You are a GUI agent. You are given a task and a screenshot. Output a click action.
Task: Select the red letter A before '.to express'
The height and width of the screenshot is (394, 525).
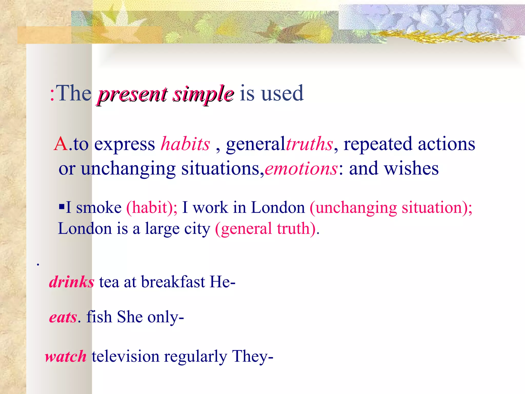click(x=61, y=144)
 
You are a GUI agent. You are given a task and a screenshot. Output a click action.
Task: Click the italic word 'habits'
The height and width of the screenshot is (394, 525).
click(x=185, y=144)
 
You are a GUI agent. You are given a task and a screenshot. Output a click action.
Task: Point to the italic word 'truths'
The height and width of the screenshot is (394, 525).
click(x=309, y=144)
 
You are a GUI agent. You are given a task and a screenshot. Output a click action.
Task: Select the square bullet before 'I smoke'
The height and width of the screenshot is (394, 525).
click(x=62, y=206)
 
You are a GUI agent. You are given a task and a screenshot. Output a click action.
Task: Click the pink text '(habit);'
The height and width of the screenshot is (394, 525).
click(x=152, y=207)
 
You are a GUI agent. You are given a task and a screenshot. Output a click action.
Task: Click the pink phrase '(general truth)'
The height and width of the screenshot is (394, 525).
click(x=266, y=229)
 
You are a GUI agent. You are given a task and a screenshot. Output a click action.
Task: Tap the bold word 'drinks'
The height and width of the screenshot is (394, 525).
click(x=72, y=282)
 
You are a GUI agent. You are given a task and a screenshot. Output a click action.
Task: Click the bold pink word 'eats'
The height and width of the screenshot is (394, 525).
click(x=63, y=317)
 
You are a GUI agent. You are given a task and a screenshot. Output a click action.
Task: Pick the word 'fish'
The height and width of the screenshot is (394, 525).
click(x=99, y=317)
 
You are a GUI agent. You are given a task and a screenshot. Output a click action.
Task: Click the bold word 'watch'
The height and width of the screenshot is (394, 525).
click(x=66, y=357)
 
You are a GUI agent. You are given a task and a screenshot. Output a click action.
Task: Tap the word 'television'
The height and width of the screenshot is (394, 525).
click(x=125, y=357)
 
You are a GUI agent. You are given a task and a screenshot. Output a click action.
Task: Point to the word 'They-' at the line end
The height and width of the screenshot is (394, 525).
click(x=253, y=357)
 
